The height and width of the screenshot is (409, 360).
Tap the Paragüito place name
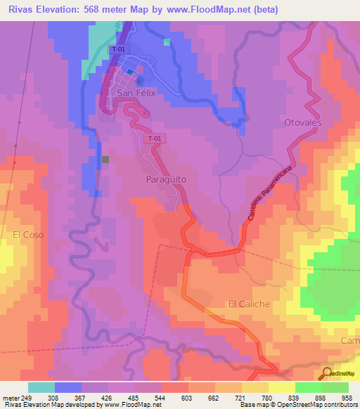(x=166, y=179)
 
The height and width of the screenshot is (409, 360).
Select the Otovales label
(x=302, y=123)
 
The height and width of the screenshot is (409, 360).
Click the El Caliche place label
(x=249, y=304)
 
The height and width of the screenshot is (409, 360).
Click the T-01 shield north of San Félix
(x=119, y=50)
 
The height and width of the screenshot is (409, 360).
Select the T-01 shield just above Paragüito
(x=155, y=139)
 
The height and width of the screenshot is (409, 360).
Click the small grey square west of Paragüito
(x=105, y=160)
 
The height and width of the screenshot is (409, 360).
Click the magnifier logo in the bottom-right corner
(x=326, y=373)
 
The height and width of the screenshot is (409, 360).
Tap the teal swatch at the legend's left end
(x=41, y=387)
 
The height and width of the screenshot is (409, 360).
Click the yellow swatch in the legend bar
(x=281, y=387)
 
